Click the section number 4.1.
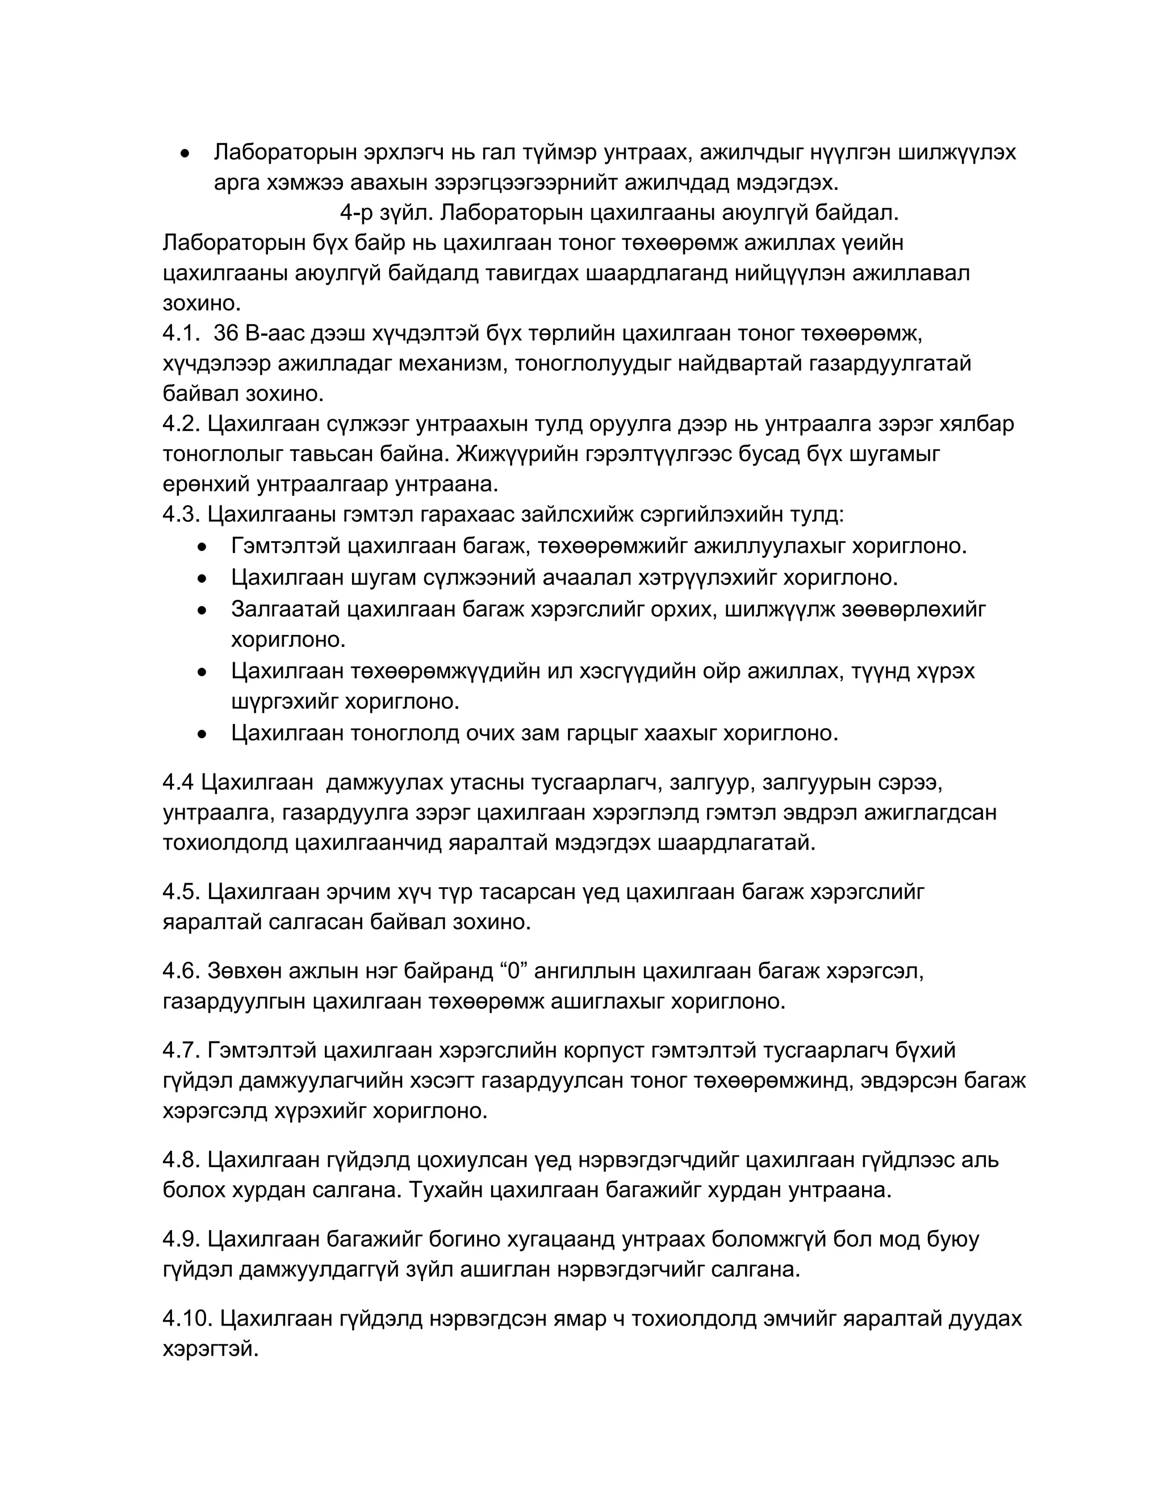point(181,333)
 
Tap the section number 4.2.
point(181,423)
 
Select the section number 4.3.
point(181,514)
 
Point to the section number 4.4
point(178,782)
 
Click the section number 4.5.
point(181,892)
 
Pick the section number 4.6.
point(181,971)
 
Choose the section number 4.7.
point(181,1050)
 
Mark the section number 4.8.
point(181,1160)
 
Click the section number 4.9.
point(181,1239)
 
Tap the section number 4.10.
point(187,1318)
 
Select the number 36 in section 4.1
point(225,333)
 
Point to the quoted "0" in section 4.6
point(512,971)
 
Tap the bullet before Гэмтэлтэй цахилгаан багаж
point(201,547)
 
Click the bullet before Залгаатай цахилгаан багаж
point(201,610)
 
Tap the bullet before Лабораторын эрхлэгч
point(184,153)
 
